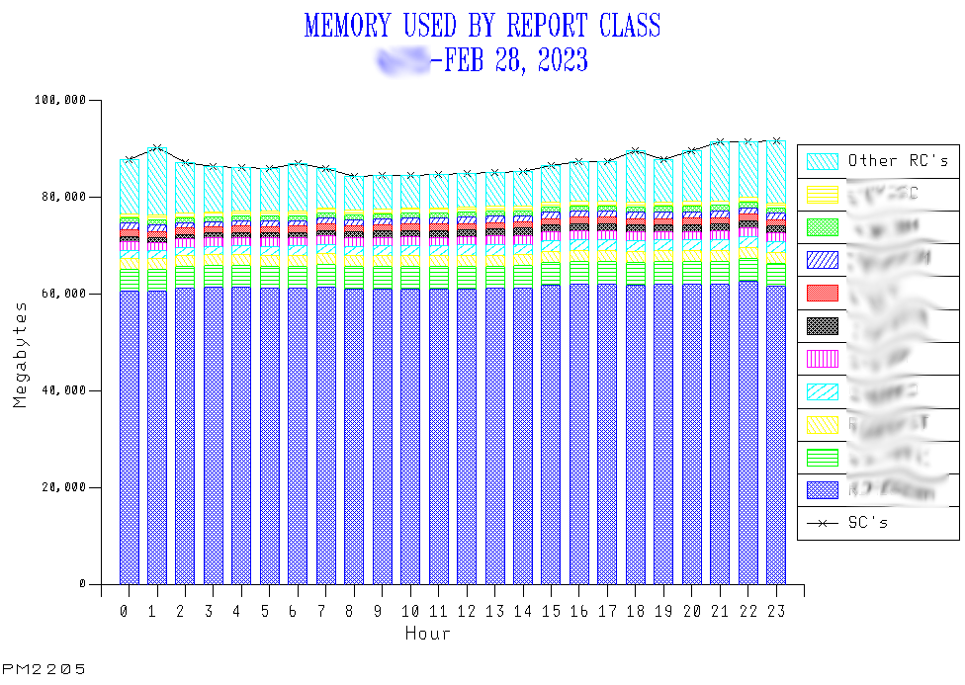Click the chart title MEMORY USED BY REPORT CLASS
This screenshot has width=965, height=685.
tap(482, 26)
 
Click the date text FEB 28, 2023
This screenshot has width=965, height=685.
tap(516, 61)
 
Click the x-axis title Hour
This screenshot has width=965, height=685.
tap(427, 634)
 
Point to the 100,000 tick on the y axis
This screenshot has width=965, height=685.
tap(62, 100)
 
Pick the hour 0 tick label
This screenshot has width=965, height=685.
tap(124, 612)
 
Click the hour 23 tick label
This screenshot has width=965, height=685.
tap(776, 612)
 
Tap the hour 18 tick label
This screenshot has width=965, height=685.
tap(636, 612)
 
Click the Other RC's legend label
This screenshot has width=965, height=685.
tap(898, 160)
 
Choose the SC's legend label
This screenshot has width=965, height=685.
tap(867, 522)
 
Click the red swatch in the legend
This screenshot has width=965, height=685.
tap(823, 293)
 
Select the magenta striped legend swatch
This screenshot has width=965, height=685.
tap(823, 358)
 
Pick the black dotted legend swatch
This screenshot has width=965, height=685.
tap(823, 325)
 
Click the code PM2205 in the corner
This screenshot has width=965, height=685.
tap(44, 669)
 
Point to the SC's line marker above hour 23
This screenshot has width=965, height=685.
tap(776, 140)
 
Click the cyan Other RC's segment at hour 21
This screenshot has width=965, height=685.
tap(720, 173)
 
